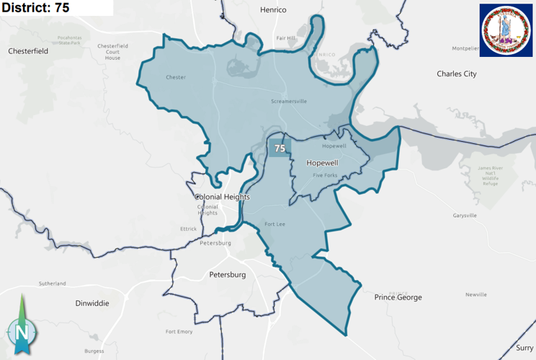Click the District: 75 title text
pos(36,8)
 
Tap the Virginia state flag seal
pos(506,30)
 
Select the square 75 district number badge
pos(280,148)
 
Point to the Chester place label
pos(176,77)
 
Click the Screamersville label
pos(289,101)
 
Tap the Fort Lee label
pos(275,224)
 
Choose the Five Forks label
pos(325,175)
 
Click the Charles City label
pos(457,73)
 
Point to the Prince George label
pos(398,297)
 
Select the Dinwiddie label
pos(92,303)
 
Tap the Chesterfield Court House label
pos(112,52)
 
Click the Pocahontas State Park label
pos(70,40)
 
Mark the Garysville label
pos(465,215)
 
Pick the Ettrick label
pos(188,229)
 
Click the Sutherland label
pos(52,283)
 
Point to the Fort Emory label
pos(179,331)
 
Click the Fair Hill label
pos(286,38)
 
